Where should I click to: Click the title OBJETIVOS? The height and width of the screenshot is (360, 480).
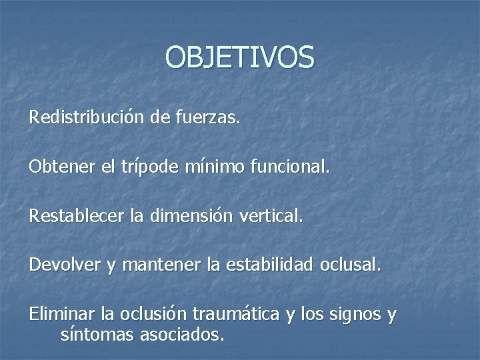239,57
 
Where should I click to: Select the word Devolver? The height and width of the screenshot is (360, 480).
65,265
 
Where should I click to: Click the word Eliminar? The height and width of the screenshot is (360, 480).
62,313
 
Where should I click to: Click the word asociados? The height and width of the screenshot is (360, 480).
181,334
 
